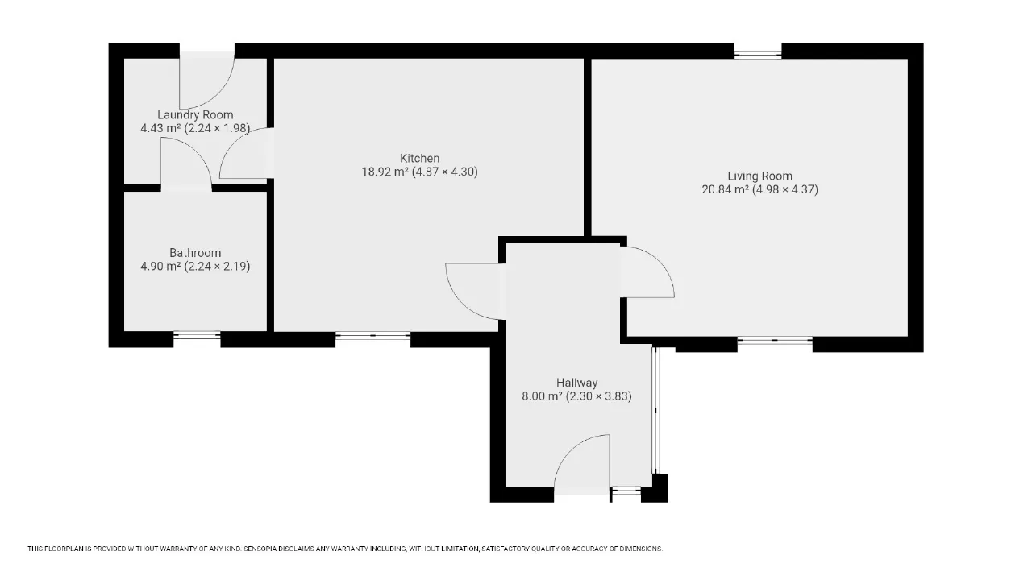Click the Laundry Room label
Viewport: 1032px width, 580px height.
click(195, 114)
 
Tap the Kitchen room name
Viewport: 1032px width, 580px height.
click(420, 159)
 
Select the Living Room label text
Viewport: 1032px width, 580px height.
click(759, 176)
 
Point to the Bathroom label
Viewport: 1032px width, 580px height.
click(195, 253)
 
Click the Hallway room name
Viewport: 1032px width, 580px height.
click(576, 383)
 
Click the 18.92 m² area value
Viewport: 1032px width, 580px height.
click(385, 172)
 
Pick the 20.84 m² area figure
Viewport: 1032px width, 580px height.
click(725, 189)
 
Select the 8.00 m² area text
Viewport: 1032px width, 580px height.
click(542, 396)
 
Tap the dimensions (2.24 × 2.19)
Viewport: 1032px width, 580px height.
click(217, 267)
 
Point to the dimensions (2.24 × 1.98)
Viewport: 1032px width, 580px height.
click(217, 128)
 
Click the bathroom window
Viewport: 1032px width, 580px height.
click(198, 335)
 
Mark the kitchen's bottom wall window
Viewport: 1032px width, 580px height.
click(372, 336)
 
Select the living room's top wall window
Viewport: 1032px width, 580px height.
click(758, 54)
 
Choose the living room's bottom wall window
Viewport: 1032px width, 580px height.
click(775, 341)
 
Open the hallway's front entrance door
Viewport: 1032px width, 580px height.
click(582, 465)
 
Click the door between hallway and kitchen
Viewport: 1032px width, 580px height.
click(476, 292)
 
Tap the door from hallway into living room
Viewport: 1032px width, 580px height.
click(647, 272)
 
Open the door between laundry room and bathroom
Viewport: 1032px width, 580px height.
click(186, 163)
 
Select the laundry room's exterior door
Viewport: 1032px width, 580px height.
click(207, 80)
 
